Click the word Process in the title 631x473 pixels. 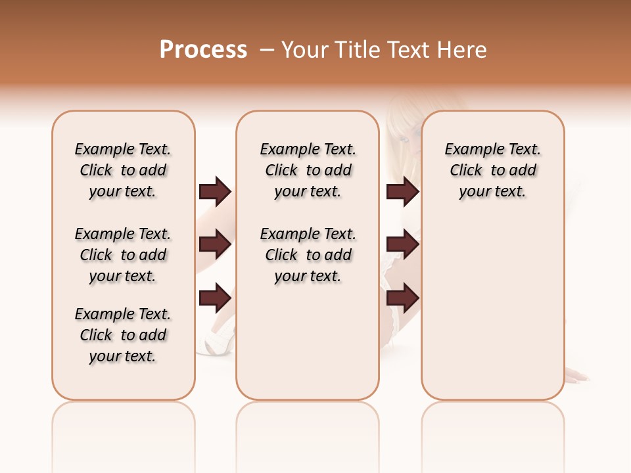[x=203, y=50]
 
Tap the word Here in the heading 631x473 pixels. [x=461, y=50]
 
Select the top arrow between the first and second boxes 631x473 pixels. [x=215, y=191]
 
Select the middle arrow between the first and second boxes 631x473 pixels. [x=215, y=244]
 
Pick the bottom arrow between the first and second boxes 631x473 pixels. [x=215, y=298]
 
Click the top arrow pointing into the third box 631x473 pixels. [x=402, y=191]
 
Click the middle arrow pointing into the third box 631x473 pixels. [x=402, y=244]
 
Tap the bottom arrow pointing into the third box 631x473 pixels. [x=402, y=298]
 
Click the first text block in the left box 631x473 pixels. [x=123, y=170]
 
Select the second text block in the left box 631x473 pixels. [x=123, y=255]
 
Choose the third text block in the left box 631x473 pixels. [x=123, y=335]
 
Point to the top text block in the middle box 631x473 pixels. [x=308, y=170]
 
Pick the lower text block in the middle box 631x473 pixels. [x=308, y=255]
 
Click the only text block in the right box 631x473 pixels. [x=492, y=170]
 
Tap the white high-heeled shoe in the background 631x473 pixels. [x=218, y=338]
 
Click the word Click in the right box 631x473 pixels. [x=466, y=171]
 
